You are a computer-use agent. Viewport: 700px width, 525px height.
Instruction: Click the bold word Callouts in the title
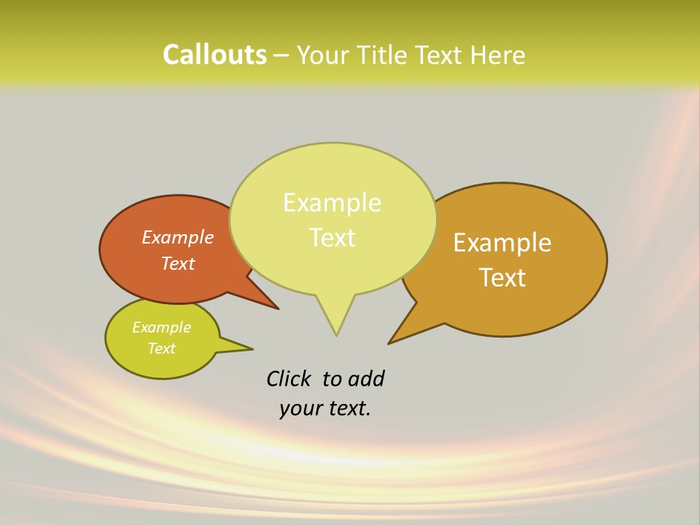pyautogui.click(x=214, y=55)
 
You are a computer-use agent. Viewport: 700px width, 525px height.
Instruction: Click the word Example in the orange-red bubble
pyautogui.click(x=178, y=237)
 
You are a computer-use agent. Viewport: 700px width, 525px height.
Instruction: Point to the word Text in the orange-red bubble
pyautogui.click(x=178, y=263)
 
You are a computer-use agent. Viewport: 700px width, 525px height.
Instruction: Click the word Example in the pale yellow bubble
pyautogui.click(x=332, y=203)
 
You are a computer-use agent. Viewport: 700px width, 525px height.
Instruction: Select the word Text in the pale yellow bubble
pyautogui.click(x=332, y=238)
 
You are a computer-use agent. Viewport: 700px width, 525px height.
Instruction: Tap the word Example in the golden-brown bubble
pyautogui.click(x=502, y=242)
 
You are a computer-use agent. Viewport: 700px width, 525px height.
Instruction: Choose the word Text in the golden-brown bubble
pyautogui.click(x=502, y=277)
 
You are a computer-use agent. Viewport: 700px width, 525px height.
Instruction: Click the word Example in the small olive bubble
pyautogui.click(x=161, y=327)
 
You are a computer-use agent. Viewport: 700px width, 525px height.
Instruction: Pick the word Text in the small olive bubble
pyautogui.click(x=161, y=349)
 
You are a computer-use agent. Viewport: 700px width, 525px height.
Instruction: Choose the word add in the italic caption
pyautogui.click(x=366, y=378)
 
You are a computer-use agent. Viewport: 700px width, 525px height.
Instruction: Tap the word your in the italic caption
pyautogui.click(x=300, y=408)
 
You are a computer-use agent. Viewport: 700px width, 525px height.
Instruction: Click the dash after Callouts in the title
pyautogui.click(x=281, y=55)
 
